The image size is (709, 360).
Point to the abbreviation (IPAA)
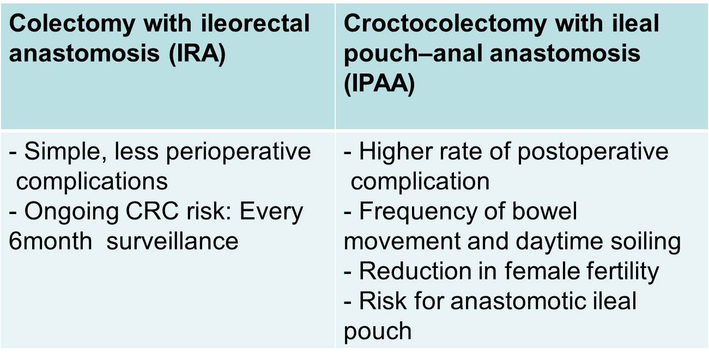click(x=379, y=83)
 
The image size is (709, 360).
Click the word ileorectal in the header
click(x=256, y=23)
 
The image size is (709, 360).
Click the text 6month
click(x=51, y=241)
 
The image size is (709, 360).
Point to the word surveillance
click(x=173, y=241)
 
